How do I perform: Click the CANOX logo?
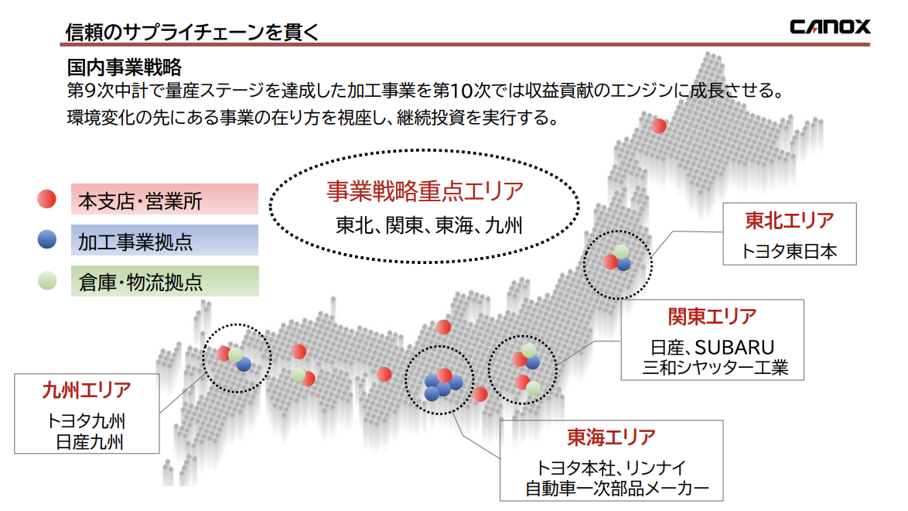[830, 26]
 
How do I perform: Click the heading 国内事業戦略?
[124, 67]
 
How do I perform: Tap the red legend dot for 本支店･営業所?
[47, 199]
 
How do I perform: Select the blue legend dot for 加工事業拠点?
[47, 239]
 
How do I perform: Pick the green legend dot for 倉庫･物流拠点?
[47, 281]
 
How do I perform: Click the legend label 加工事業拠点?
[135, 242]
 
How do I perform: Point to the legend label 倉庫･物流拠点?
[141, 283]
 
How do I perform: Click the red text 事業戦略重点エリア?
[425, 191]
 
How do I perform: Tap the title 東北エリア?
[790, 221]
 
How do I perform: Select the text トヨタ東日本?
[790, 251]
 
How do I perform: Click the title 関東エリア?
[712, 317]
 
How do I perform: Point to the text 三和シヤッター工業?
[715, 368]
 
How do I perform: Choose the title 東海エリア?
[612, 437]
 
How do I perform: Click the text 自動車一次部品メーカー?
[616, 489]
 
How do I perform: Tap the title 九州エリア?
[87, 390]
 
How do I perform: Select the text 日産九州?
[89, 442]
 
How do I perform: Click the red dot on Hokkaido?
[658, 126]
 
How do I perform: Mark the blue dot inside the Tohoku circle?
[623, 264]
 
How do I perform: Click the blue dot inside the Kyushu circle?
[244, 364]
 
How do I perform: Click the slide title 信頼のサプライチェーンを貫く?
[192, 32]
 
